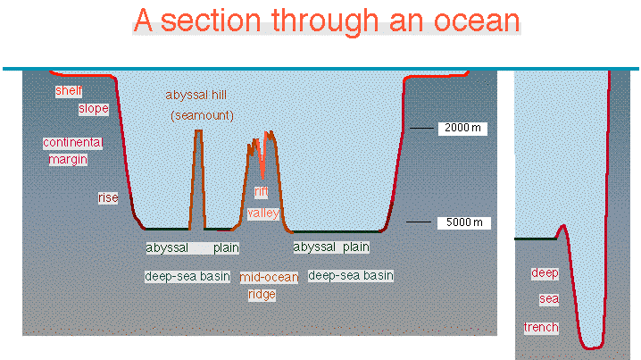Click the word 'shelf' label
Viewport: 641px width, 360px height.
[x=69, y=91]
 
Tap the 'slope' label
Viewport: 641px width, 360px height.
[x=94, y=109]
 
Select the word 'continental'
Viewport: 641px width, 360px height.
[x=73, y=142]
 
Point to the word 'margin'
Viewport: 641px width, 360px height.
[x=68, y=159]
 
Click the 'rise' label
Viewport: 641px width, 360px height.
[x=108, y=198]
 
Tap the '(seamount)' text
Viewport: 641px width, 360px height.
[x=202, y=116]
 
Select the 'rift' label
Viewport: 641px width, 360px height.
[x=262, y=192]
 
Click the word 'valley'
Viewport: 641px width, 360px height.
[x=263, y=213]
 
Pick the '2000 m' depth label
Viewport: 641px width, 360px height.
[x=462, y=128]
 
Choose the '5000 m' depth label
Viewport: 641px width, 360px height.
[x=464, y=222]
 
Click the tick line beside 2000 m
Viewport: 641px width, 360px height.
[x=421, y=128]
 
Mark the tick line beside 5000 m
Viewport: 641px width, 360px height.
[x=418, y=222]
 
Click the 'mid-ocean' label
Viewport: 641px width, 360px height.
[x=269, y=277]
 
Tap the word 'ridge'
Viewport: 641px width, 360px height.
[x=262, y=295]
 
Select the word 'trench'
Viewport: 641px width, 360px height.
[x=541, y=328]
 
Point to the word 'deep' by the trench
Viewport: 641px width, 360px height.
[x=545, y=273]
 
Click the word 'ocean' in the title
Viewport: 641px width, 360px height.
[x=477, y=21]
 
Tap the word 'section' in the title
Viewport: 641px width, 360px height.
[x=211, y=21]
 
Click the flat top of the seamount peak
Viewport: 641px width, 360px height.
[x=199, y=131]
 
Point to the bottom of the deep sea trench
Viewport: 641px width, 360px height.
[x=591, y=347]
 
